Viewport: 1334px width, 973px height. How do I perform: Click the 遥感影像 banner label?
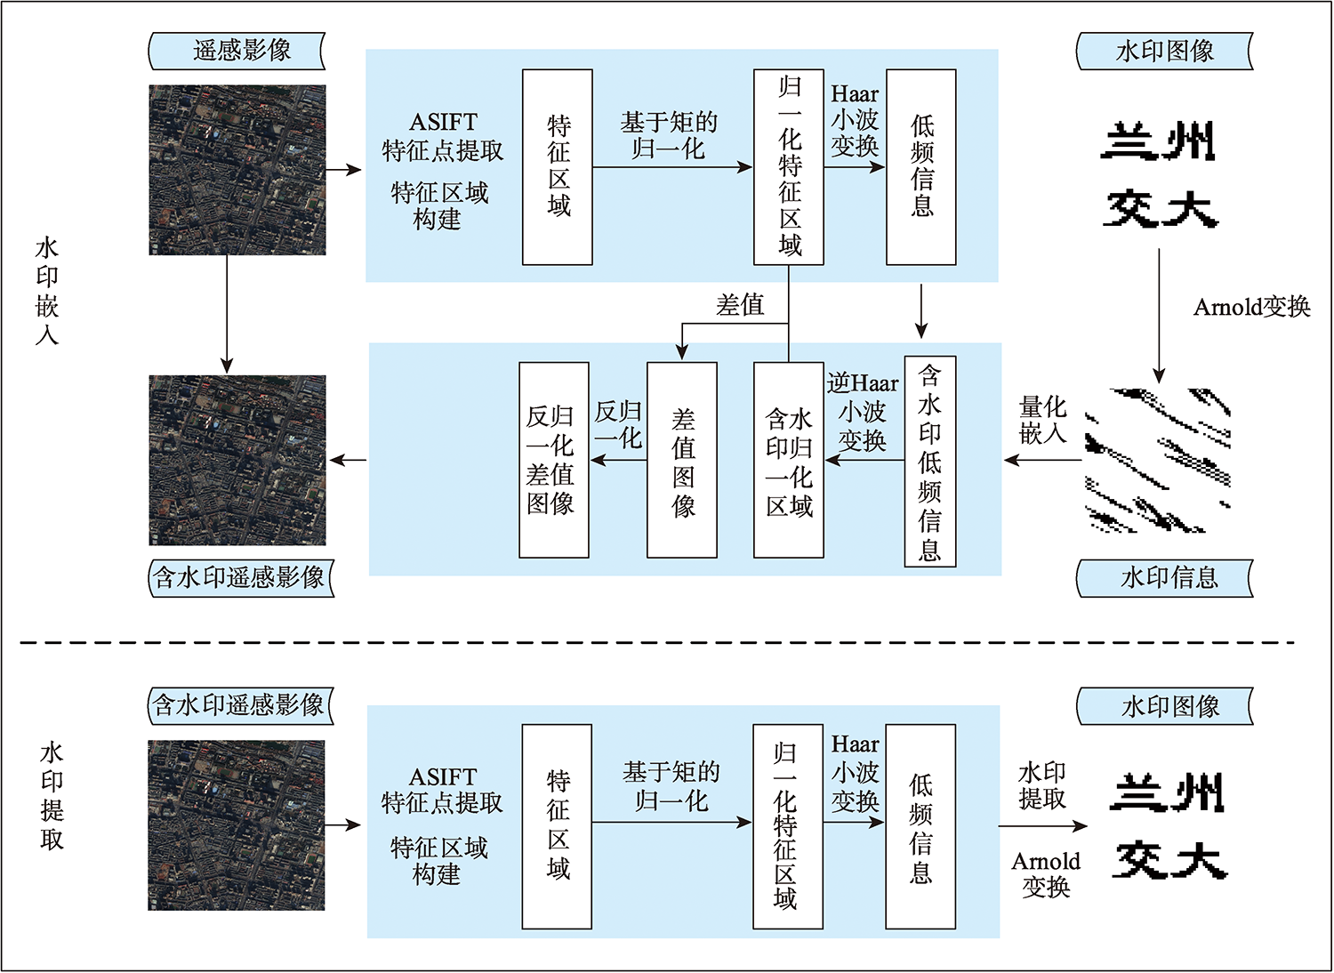237,51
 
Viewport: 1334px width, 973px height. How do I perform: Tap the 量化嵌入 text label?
1042,420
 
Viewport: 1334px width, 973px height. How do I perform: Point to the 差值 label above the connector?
740,305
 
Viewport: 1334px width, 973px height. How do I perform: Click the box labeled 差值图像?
682,460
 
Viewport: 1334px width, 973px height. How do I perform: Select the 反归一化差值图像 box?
554,460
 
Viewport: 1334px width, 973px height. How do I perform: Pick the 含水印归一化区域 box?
789,460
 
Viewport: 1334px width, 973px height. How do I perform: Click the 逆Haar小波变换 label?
863,412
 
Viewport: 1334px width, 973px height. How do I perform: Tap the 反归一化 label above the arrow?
618,424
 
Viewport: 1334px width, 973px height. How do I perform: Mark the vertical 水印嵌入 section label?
47,290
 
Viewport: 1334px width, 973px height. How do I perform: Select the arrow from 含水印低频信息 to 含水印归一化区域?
864,460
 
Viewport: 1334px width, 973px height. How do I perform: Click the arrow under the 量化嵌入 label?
1042,460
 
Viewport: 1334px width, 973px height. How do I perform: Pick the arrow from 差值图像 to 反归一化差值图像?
618,460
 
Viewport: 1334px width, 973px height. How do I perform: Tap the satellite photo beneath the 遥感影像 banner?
237,170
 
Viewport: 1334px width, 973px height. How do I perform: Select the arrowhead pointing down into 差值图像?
682,350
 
